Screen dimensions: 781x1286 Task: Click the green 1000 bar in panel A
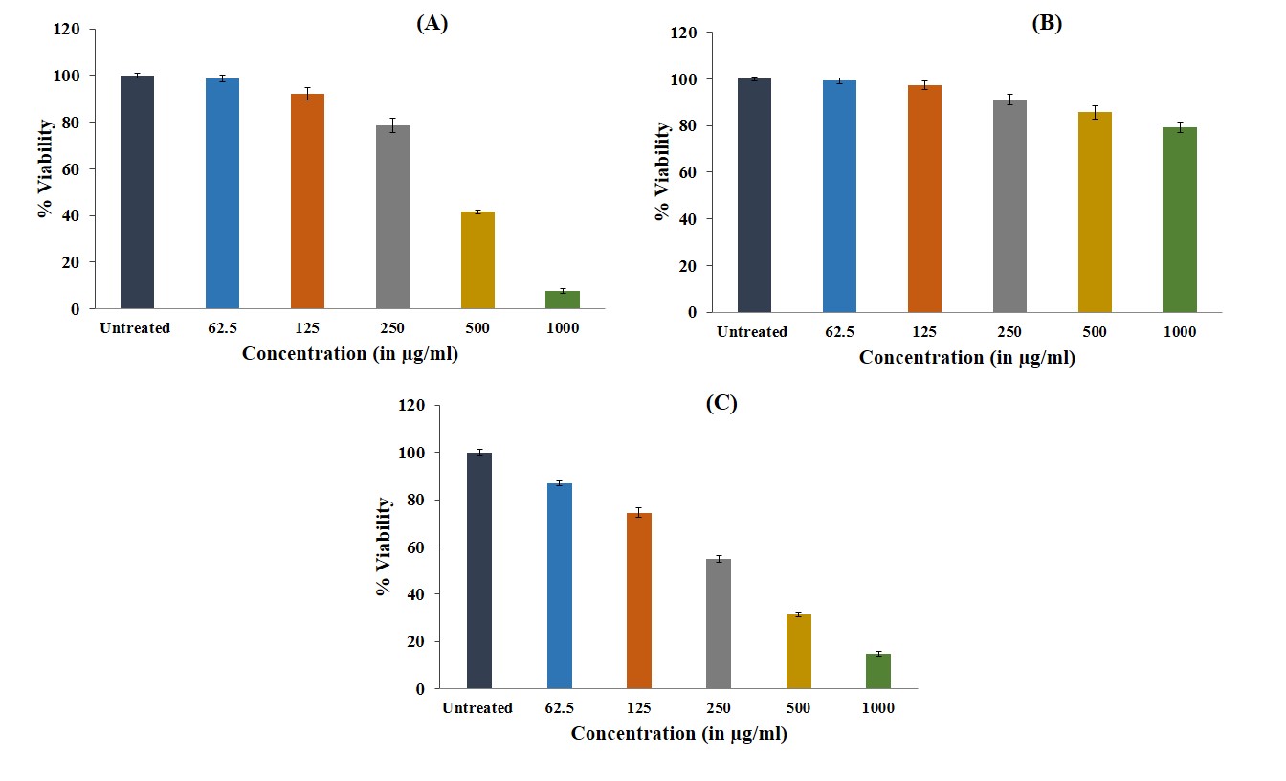click(x=563, y=300)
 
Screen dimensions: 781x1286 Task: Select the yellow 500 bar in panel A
click(x=477, y=260)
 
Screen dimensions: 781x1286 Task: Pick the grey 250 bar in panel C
click(x=719, y=624)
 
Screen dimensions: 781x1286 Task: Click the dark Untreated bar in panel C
click(x=478, y=570)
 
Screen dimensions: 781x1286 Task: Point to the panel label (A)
click(x=432, y=25)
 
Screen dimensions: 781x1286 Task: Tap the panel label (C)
click(x=721, y=403)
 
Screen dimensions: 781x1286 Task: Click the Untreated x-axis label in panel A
click(x=135, y=328)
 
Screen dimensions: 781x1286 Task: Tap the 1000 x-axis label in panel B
click(x=1179, y=332)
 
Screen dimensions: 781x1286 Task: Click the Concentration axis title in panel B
click(x=966, y=358)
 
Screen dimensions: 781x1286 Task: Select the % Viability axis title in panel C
click(x=384, y=547)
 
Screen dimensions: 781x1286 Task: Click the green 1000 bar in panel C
click(x=878, y=671)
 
